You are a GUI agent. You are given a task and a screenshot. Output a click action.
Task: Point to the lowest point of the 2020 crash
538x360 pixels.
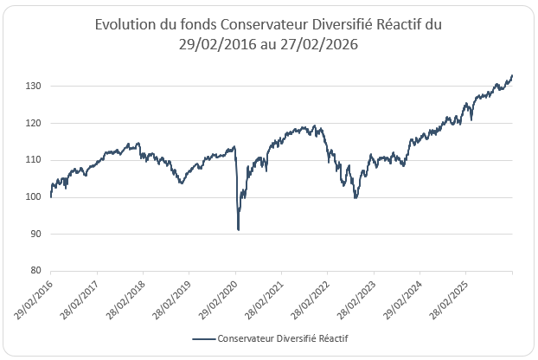[238, 230]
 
